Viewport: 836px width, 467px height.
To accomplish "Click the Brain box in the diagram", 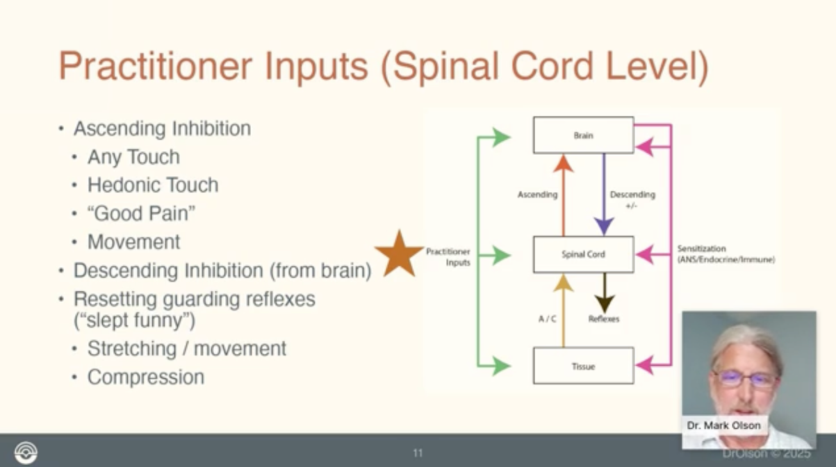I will (583, 135).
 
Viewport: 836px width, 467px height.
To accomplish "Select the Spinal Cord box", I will (583, 255).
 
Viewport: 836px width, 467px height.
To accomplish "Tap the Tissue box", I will (583, 366).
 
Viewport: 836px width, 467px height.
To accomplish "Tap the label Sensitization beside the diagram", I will (701, 248).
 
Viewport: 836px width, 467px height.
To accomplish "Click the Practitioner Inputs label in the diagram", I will (448, 257).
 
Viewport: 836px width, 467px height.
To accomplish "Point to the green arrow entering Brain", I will (497, 137).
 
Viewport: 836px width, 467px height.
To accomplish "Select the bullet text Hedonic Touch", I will (153, 185).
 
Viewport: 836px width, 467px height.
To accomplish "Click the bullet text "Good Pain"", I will (141, 214).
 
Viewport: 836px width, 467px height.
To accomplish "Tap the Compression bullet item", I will (146, 377).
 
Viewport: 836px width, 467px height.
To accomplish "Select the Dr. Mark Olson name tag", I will (724, 425).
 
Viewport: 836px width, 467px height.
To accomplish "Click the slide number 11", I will (418, 454).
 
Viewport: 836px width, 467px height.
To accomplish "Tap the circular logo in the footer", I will (26, 452).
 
